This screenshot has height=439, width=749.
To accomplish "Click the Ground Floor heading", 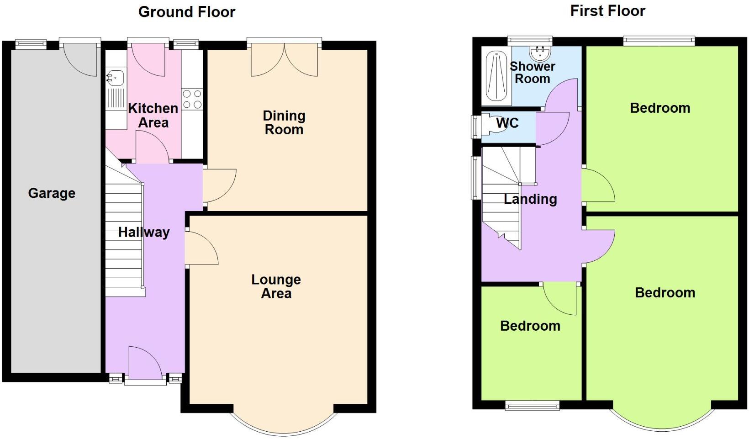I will (x=186, y=12).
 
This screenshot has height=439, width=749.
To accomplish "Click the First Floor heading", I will (x=607, y=11).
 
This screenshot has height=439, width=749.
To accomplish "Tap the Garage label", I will (x=52, y=193).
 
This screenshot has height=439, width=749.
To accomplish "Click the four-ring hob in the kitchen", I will (x=192, y=99).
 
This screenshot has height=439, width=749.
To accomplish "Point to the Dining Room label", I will (x=284, y=122).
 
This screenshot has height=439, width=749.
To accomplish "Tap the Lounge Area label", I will (x=276, y=286).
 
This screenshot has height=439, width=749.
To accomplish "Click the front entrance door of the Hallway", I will (x=144, y=363).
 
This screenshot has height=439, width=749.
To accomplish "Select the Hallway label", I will (x=144, y=232).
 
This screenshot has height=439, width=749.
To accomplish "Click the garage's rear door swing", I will (x=81, y=59).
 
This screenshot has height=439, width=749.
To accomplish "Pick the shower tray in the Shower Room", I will (x=496, y=76).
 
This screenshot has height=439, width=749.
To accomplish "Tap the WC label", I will (x=507, y=123).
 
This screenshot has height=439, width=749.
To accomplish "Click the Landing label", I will (x=530, y=199).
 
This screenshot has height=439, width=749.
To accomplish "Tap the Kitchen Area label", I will (x=153, y=115).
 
